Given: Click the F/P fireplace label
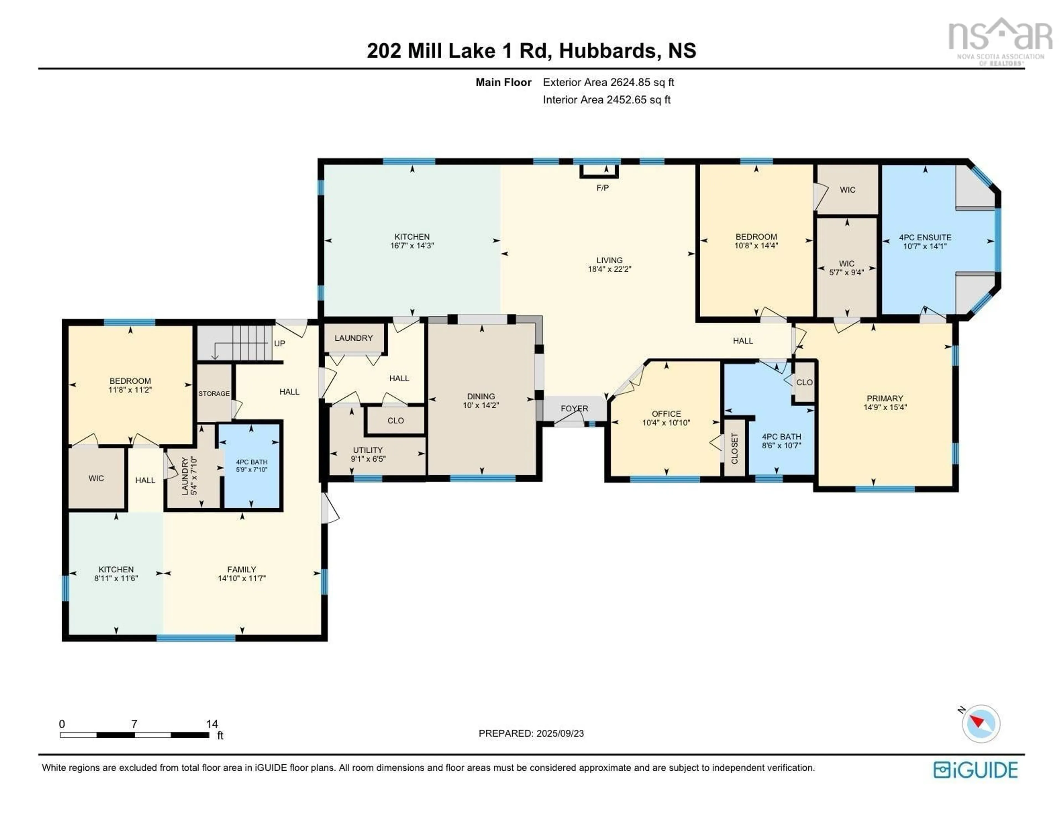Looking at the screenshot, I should point(603,188).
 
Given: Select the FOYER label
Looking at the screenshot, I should point(574,409).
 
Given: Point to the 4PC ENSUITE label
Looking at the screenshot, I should point(925,237).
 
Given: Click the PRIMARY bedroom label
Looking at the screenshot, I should point(885,398).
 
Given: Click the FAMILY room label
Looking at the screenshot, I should point(241,569).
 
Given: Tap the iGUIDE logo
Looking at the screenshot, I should point(976,770).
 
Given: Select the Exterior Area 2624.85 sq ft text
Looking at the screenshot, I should point(608,82).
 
